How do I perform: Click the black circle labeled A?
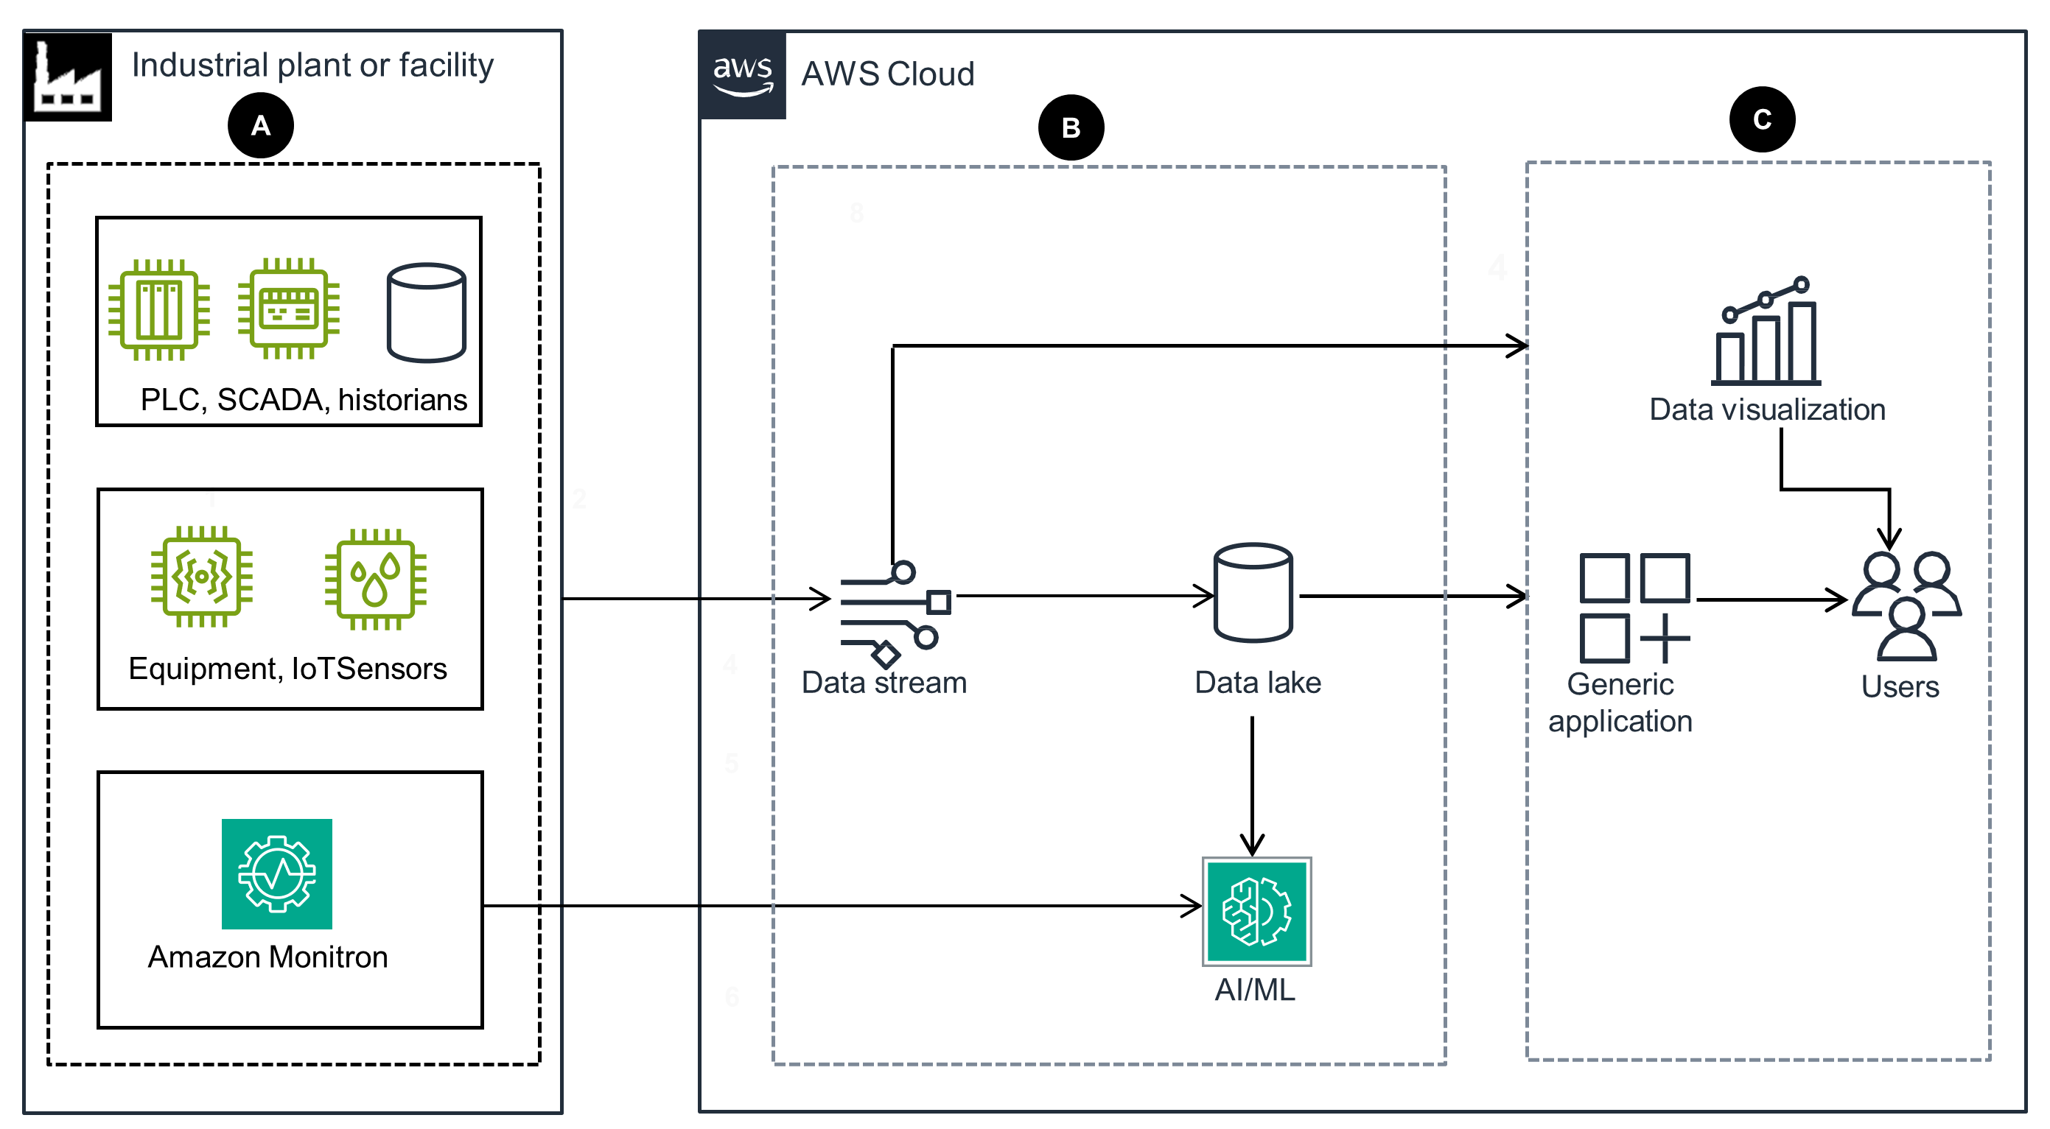pyautogui.click(x=260, y=126)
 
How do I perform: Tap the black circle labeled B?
pyautogui.click(x=1071, y=128)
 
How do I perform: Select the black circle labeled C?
pyautogui.click(x=1761, y=119)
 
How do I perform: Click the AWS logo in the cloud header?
pyautogui.click(x=742, y=76)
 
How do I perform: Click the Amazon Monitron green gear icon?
pyautogui.click(x=276, y=873)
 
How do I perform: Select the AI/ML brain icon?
pyautogui.click(x=1256, y=911)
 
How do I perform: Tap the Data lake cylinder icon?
pyautogui.click(x=1253, y=593)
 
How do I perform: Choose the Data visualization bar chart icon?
pyautogui.click(x=1765, y=332)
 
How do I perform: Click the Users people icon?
pyautogui.click(x=1906, y=606)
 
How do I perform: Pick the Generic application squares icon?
pyautogui.click(x=1634, y=608)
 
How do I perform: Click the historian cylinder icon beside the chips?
pyautogui.click(x=426, y=313)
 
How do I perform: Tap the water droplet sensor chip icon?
pyautogui.click(x=375, y=579)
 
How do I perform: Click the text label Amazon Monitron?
pyautogui.click(x=267, y=957)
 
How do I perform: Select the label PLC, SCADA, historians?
pyautogui.click(x=303, y=399)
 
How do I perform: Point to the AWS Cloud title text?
pyautogui.click(x=886, y=74)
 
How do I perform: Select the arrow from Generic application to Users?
pyautogui.click(x=1771, y=599)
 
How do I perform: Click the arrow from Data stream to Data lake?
pyautogui.click(x=1082, y=595)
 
